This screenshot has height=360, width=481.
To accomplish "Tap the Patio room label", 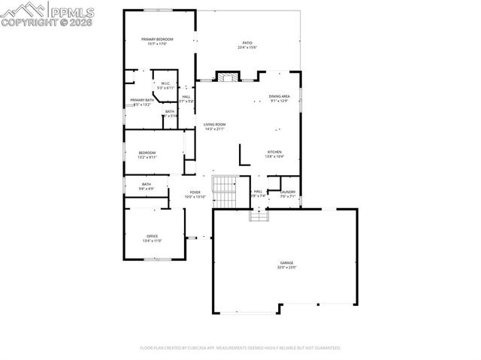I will coord(247,44).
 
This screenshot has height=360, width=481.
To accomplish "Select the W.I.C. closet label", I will coord(164,83).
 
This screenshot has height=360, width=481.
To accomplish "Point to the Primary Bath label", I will coord(141,101).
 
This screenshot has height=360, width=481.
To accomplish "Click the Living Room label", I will coord(215,124).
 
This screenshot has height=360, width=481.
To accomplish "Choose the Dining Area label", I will coord(280,96).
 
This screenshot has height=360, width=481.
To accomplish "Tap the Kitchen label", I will coord(274,153).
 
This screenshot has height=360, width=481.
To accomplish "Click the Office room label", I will coord(153,237).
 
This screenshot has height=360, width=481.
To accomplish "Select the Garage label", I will coord(287,262).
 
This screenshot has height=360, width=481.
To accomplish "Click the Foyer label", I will coord(195,192).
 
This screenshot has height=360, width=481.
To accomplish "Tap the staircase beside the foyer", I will coord(224,191).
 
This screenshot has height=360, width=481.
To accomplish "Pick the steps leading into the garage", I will coord(259,214).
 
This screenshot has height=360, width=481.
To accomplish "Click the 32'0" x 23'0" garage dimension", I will coord(287,268).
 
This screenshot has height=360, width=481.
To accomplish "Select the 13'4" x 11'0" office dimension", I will coord(153,241).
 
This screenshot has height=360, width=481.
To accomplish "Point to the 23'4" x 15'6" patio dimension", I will coord(247,48).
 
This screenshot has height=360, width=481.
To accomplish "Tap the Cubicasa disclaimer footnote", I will coord(240,348).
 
